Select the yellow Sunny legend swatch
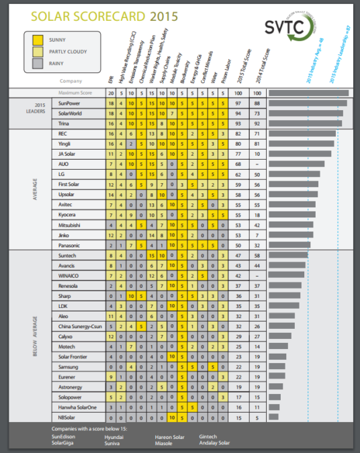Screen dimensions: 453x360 (x=38, y=40)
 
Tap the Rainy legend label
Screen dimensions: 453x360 (x=60, y=63)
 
